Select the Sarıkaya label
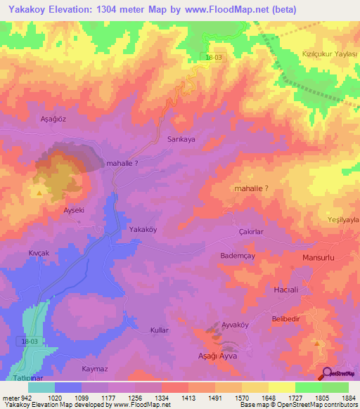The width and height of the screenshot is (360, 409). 181,139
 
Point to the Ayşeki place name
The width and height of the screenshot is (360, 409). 75,210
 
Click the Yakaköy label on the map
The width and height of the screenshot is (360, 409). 143,229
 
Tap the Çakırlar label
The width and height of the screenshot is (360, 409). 251,231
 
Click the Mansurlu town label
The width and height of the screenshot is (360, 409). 320,258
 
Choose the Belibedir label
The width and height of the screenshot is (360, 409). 286,318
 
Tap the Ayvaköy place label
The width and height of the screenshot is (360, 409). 236,325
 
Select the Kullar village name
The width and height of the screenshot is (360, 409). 161,330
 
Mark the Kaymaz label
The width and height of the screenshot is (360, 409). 94,368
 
